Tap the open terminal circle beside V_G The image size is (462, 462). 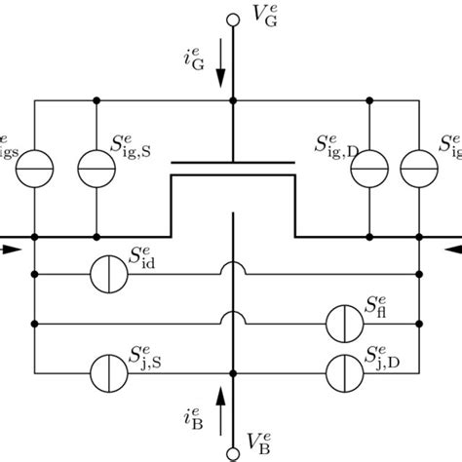click(232, 19)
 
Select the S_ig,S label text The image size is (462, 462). click(139, 148)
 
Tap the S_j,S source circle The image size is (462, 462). click(108, 370)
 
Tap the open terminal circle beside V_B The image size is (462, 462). click(232, 451)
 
